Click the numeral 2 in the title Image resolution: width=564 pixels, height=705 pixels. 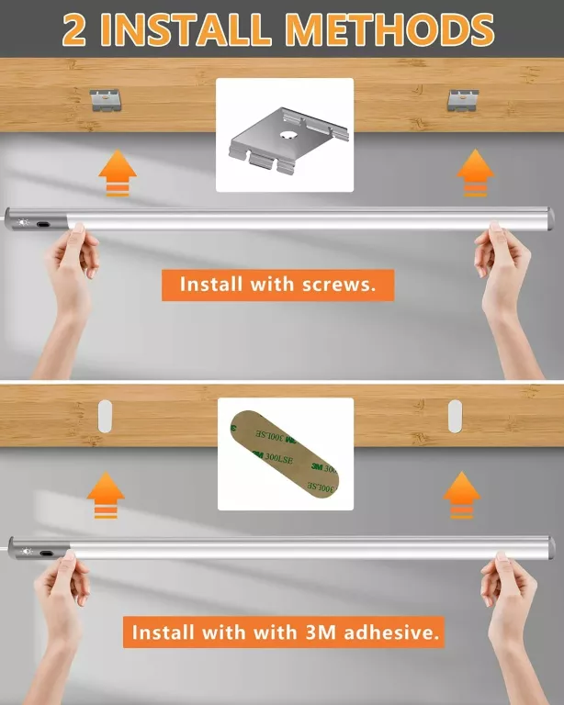(74, 29)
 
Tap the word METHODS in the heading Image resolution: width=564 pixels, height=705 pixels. (390, 29)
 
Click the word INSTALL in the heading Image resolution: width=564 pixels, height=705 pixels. (186, 29)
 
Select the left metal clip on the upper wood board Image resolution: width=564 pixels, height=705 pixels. (106, 100)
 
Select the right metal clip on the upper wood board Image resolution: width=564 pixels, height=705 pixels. (463, 100)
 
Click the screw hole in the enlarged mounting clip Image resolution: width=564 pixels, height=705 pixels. (286, 134)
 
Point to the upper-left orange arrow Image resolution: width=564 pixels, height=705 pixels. (118, 173)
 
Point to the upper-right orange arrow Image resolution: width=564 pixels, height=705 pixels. (476, 173)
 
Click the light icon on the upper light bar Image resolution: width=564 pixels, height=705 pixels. (23, 222)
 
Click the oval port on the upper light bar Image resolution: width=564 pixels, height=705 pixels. (43, 223)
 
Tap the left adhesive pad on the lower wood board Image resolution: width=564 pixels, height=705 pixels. (105, 417)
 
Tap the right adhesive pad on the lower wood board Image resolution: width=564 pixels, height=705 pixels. (456, 417)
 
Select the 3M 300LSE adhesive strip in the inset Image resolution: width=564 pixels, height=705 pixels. (284, 454)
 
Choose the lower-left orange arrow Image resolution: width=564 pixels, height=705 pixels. (106, 495)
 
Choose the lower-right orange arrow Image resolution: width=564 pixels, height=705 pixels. (462, 495)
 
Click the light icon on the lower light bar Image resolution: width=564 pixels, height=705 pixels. (27, 551)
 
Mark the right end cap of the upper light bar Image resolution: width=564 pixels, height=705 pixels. (550, 219)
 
